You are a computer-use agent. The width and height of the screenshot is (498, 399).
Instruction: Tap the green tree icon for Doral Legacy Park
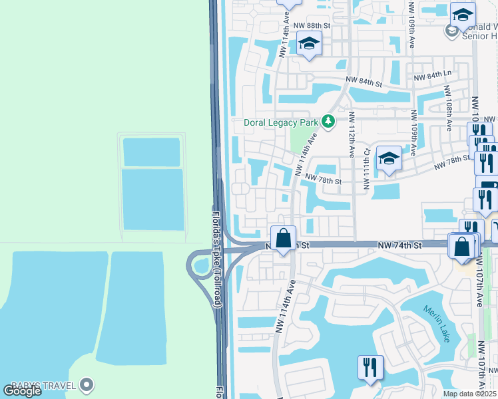coord(328,121)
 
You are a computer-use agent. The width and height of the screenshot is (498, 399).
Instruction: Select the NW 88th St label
coord(312,25)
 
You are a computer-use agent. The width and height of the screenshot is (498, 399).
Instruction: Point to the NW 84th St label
coord(364,82)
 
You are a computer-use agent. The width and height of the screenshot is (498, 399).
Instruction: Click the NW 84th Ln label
coord(433,78)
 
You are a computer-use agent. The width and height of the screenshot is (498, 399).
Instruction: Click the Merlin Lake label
coord(437,324)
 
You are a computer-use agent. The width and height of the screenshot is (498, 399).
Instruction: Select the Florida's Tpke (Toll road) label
coord(216,259)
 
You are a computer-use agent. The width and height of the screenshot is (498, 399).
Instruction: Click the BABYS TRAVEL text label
coord(48,384)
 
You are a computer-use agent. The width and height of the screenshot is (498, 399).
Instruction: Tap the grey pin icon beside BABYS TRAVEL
coord(86,384)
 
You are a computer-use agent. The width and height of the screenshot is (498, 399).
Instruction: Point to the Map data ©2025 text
coord(470,394)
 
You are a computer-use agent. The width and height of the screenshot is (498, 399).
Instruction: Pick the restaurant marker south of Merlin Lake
coord(370,367)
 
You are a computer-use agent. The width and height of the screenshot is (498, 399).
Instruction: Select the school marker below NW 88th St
coord(308,44)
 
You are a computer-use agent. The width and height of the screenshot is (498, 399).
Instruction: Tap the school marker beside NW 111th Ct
coord(389,159)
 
